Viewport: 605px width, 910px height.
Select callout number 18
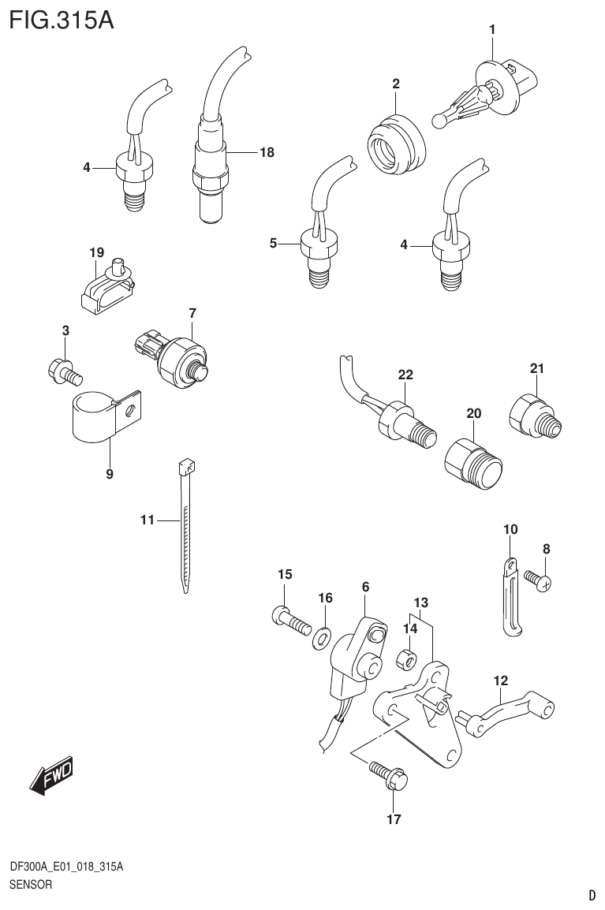(267, 152)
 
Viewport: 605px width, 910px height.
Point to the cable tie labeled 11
(186, 524)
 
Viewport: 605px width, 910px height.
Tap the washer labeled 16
(323, 636)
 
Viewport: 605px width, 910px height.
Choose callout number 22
(405, 375)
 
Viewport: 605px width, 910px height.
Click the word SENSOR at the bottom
(31, 885)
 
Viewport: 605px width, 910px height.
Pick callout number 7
(192, 313)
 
